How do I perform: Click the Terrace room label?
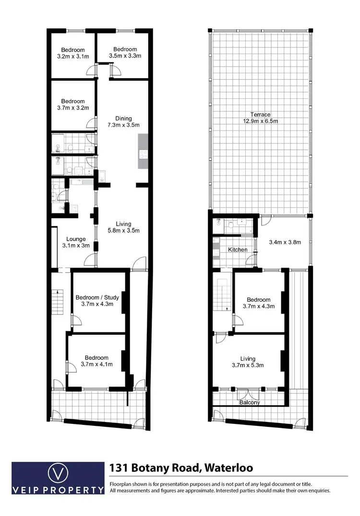(260, 117)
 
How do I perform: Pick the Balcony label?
(250, 403)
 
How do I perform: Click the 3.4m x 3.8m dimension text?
(285, 242)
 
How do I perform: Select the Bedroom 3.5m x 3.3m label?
(125, 52)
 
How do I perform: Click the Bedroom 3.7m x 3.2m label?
(73, 105)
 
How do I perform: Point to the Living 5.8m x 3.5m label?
(123, 227)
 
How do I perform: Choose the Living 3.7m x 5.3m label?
(248, 362)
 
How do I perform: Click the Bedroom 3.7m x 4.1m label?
(96, 361)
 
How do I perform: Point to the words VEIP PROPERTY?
(58, 490)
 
